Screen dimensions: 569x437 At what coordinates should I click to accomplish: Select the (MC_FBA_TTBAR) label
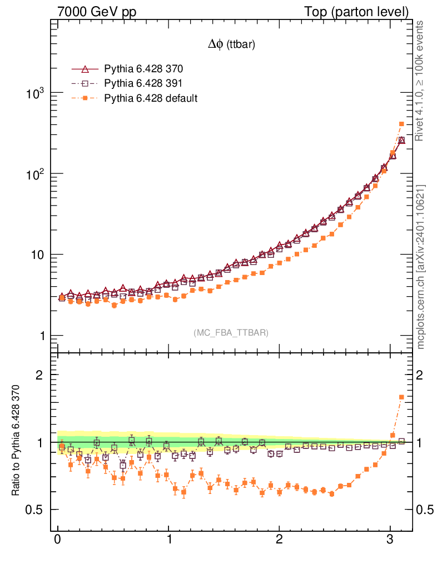(x=231, y=333)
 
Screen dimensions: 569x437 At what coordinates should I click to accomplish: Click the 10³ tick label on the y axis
(x=34, y=93)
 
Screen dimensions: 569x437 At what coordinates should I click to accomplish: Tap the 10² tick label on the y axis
(x=34, y=174)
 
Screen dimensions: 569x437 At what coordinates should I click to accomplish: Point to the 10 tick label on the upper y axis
(x=37, y=255)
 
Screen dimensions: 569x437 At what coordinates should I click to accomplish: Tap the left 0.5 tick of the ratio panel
(x=34, y=510)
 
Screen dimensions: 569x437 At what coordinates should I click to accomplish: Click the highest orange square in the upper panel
(x=401, y=124)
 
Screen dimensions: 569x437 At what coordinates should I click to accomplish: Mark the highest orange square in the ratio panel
(x=401, y=397)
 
